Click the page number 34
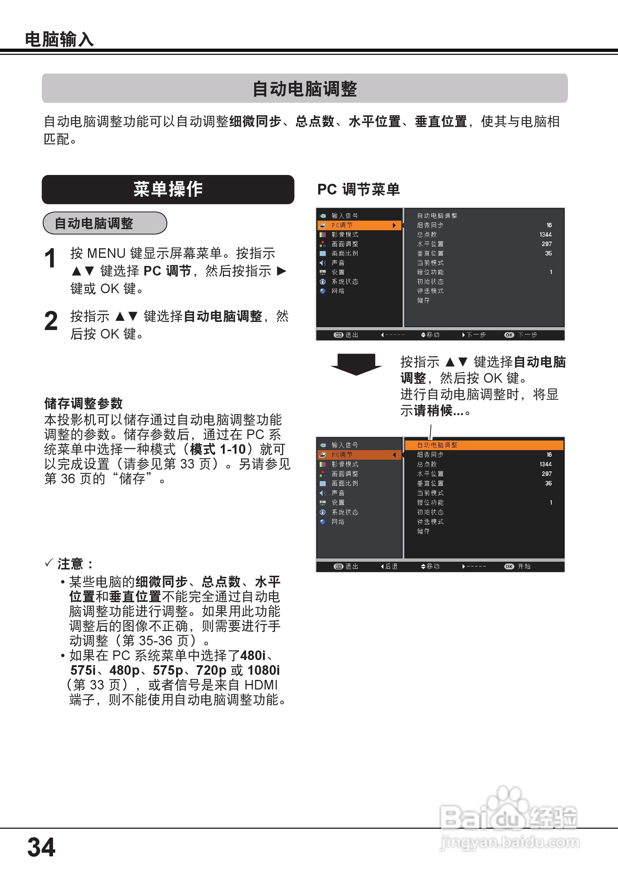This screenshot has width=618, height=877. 41,847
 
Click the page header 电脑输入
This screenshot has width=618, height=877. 59,39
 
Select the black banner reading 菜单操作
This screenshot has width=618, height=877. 168,189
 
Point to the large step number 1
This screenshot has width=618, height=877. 50,259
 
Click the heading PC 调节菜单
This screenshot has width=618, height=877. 358,189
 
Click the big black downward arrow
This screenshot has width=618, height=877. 356,364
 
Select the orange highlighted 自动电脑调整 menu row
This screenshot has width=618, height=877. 484,445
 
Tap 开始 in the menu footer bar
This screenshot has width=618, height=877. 524,566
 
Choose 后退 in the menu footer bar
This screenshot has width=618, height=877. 391,566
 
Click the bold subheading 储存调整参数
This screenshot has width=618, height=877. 83,403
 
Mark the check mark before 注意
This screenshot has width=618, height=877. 49,563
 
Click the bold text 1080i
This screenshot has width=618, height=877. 264,670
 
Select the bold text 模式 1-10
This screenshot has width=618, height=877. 218,450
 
